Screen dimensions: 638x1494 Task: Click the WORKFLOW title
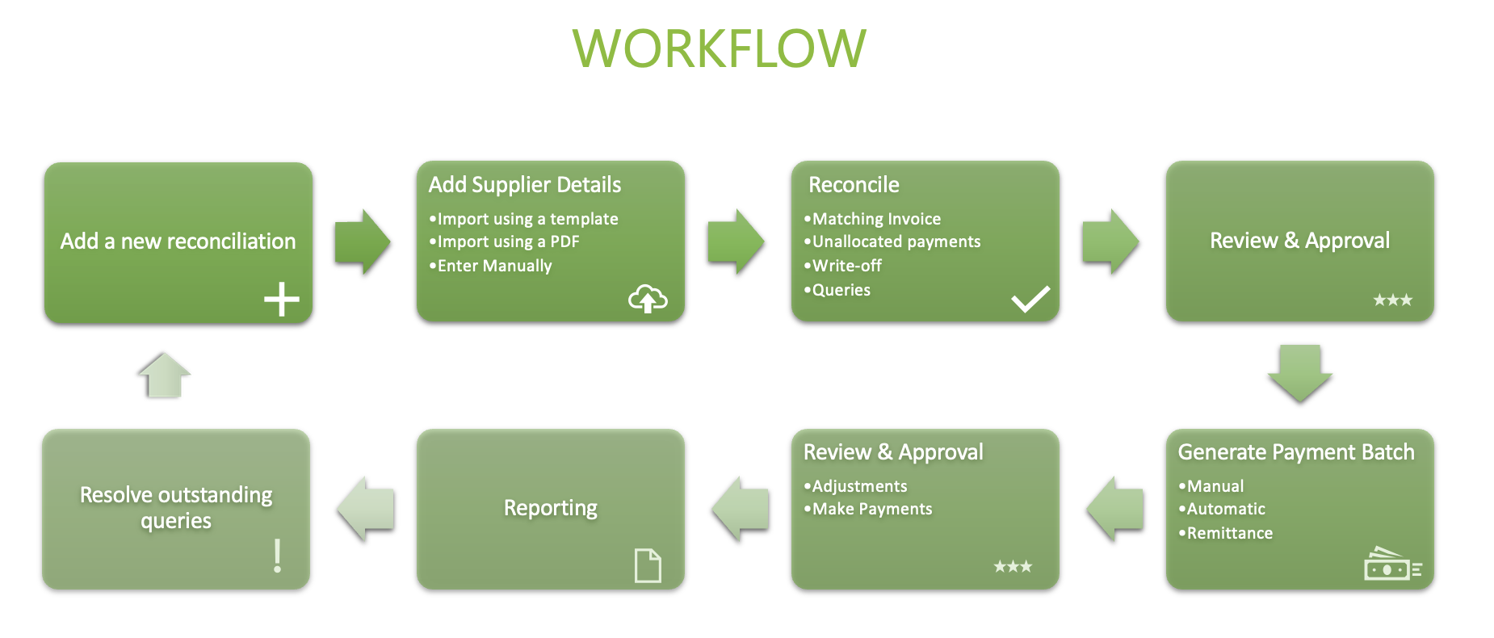[x=719, y=48]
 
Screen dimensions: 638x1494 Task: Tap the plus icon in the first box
[x=282, y=300]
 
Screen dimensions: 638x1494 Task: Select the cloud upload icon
[x=648, y=299]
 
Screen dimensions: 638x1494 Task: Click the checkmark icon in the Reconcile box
[x=1030, y=299]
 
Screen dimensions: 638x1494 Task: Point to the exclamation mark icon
[x=278, y=556]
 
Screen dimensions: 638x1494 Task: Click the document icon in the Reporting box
[x=648, y=565]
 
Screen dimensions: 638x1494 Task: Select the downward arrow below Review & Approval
[x=1299, y=373]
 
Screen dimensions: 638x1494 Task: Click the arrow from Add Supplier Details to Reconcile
[x=736, y=241]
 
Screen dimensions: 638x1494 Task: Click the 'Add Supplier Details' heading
[x=525, y=185]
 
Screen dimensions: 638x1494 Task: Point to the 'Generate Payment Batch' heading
[x=1296, y=452]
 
